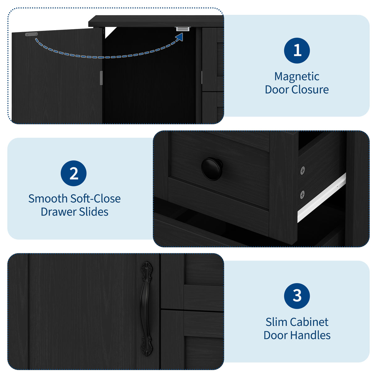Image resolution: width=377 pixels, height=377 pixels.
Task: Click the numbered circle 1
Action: pyautogui.click(x=297, y=51)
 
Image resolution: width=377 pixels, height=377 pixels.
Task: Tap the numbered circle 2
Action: pyautogui.click(x=74, y=173)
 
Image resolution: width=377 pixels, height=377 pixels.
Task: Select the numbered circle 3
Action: pyautogui.click(x=297, y=296)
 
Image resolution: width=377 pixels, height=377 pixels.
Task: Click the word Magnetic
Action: pyautogui.click(x=297, y=77)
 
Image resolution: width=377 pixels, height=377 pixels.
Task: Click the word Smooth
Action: pyautogui.click(x=48, y=199)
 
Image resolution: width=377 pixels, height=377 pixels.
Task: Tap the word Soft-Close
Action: pyautogui.click(x=95, y=199)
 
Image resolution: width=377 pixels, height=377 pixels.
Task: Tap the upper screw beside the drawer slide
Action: pyautogui.click(x=303, y=170)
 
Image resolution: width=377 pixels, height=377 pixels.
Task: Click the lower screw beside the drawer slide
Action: pyautogui.click(x=302, y=194)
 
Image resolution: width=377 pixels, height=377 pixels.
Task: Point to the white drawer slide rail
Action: pyautogui.click(x=321, y=198)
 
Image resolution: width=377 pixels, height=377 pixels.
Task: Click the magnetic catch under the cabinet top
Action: pyautogui.click(x=183, y=29)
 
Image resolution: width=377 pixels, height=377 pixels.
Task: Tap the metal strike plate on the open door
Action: pyautogui.click(x=31, y=34)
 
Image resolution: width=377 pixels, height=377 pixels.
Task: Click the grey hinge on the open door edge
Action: pyautogui.click(x=101, y=78)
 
